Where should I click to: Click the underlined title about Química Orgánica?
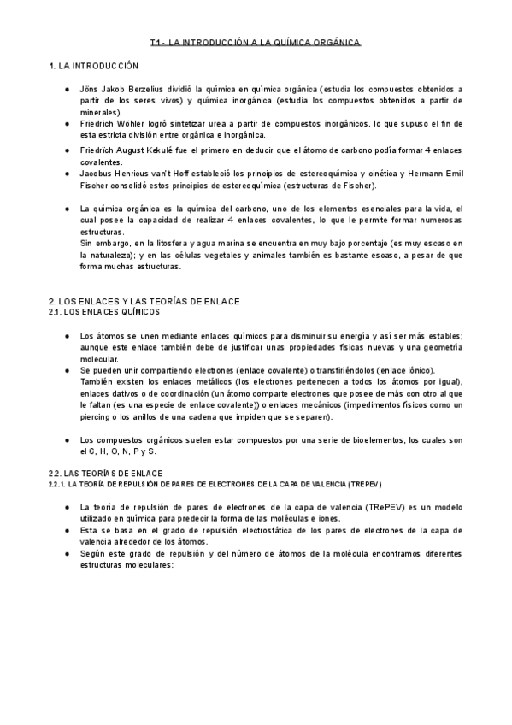coord(256,41)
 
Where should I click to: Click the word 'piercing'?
coord(96,416)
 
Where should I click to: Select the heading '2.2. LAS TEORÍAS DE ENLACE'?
coord(105,473)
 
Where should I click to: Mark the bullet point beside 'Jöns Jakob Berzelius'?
coord(68,89)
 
